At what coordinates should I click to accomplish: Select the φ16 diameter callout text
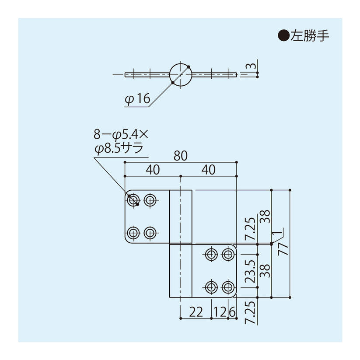pos(137,100)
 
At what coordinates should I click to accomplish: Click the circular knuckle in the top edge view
pos(180,75)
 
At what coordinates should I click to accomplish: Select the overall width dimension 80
pos(180,156)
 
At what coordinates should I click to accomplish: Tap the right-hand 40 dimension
pos(209,170)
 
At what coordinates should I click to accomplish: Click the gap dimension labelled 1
pos(274,233)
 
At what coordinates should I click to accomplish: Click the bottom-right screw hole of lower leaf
pos(227,287)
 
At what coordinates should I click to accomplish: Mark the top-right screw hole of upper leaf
pos(150,200)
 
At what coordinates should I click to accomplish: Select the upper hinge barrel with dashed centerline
pos(180,217)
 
